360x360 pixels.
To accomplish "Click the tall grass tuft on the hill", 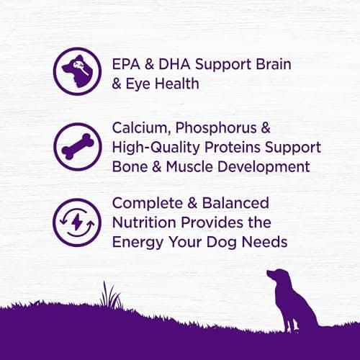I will (x=110, y=295).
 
